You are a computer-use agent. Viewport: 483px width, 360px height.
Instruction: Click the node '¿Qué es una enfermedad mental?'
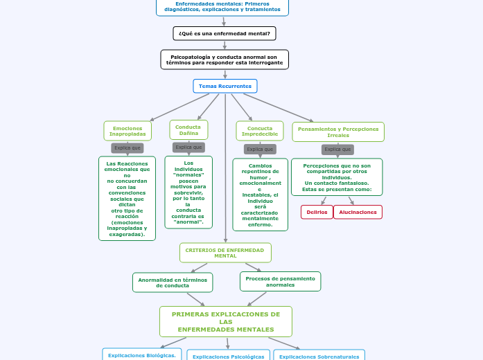(225, 33)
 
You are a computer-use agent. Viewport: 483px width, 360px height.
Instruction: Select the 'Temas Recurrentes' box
(225, 86)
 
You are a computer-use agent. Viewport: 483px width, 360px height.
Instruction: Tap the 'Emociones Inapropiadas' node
(128, 131)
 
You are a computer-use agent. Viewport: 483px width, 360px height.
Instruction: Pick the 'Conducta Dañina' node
(188, 129)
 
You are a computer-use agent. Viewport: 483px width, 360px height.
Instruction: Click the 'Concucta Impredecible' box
(260, 131)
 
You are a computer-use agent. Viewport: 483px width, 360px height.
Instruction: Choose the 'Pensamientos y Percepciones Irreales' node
(338, 132)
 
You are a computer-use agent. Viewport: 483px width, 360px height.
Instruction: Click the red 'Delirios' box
(317, 212)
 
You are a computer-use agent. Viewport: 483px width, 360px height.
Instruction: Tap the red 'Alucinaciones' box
(358, 212)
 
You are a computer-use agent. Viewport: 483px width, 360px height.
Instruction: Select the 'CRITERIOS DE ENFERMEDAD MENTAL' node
(225, 253)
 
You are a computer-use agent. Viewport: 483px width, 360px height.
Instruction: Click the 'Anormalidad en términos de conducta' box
(173, 282)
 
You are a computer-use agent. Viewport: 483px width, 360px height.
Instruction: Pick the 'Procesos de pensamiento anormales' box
(280, 281)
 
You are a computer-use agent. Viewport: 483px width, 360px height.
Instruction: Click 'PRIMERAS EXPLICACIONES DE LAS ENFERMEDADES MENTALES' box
(226, 321)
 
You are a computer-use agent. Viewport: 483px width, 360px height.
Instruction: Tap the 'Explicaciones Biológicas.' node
(143, 355)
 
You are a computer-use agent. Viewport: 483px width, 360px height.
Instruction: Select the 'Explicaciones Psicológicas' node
(229, 356)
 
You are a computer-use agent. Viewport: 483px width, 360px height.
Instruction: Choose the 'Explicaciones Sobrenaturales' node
(319, 356)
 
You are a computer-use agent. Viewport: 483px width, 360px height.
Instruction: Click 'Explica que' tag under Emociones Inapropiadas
(128, 148)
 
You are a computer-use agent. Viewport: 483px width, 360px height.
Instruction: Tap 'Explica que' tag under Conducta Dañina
(188, 147)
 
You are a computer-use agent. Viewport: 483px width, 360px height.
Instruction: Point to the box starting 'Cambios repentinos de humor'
(260, 195)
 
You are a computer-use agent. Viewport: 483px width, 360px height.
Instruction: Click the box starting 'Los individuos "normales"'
(188, 192)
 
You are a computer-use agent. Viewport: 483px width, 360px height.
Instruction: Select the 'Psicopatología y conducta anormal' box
(225, 60)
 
